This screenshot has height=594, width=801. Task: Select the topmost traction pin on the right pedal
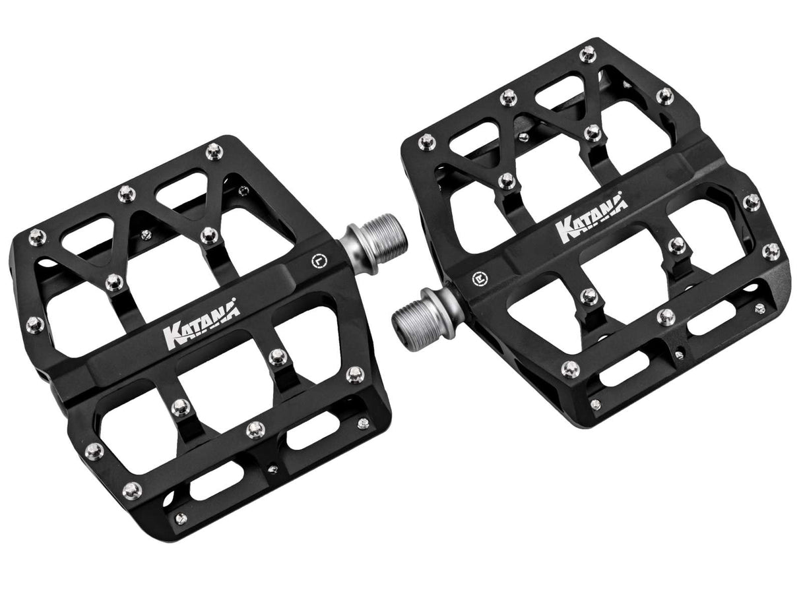tap(584, 53)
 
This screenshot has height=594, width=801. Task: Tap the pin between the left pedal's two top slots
tap(126, 193)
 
